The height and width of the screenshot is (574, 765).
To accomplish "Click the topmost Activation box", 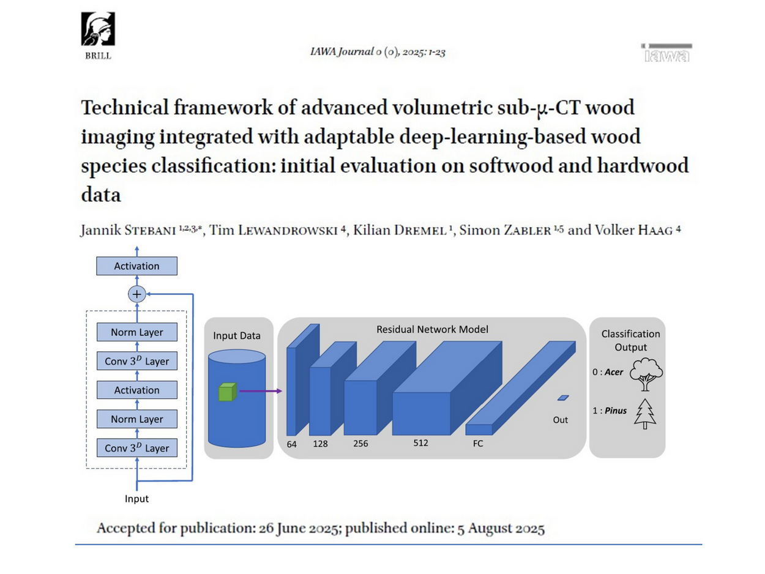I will pyautogui.click(x=136, y=266).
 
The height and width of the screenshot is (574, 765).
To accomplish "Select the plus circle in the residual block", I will pyautogui.click(x=136, y=294).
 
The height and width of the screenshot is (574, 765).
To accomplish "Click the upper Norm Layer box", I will pyautogui.click(x=136, y=332).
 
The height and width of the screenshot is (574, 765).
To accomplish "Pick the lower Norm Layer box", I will pyautogui.click(x=136, y=419).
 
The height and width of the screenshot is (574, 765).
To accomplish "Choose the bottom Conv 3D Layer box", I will pyautogui.click(x=136, y=448).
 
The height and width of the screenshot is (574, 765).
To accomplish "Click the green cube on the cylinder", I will pyautogui.click(x=227, y=392).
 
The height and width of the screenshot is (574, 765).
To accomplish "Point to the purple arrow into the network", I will pyautogui.click(x=259, y=390).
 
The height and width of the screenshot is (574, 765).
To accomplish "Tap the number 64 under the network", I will pyautogui.click(x=292, y=444).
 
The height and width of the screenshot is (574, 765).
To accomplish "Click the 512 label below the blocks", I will pyautogui.click(x=420, y=443).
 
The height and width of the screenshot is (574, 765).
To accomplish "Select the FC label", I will pyautogui.click(x=478, y=444).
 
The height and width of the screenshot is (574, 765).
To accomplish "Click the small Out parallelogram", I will pyautogui.click(x=563, y=398).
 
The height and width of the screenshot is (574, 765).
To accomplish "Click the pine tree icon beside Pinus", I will pyautogui.click(x=645, y=414).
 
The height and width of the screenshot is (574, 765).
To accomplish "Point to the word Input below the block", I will pyautogui.click(x=136, y=499).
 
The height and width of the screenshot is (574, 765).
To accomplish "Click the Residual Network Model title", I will pyautogui.click(x=432, y=329).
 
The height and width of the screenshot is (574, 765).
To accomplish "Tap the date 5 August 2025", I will pyautogui.click(x=501, y=529).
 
